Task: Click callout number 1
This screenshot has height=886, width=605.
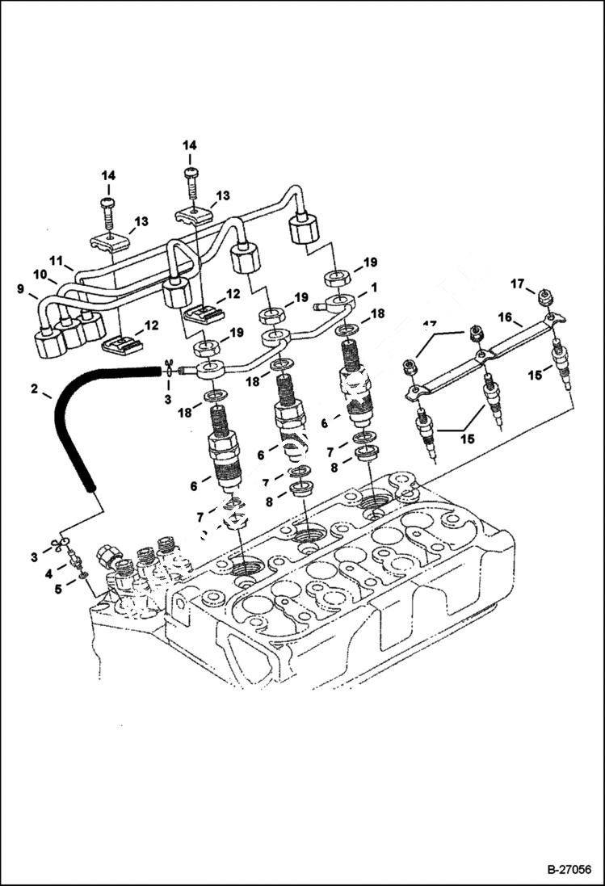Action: click(x=374, y=287)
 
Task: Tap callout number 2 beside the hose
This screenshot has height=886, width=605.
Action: click(x=35, y=389)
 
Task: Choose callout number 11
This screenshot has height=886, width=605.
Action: click(x=57, y=261)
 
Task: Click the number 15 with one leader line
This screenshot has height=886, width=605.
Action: click(x=536, y=374)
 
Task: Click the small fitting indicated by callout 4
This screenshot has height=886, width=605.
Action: click(x=74, y=559)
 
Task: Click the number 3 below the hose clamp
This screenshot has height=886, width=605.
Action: click(x=169, y=399)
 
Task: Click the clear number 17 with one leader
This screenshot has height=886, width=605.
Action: click(x=518, y=283)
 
